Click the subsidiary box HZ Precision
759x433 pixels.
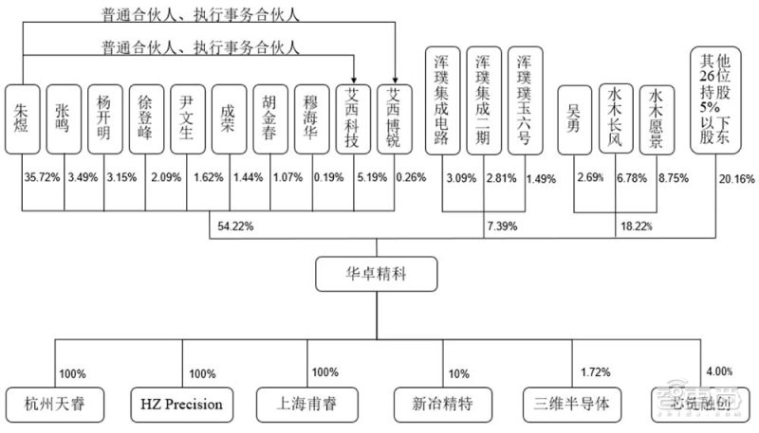click(x=181, y=404)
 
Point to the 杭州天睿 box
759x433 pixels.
click(x=56, y=404)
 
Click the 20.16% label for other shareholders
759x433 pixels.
click(x=738, y=177)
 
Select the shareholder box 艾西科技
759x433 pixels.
click(x=354, y=118)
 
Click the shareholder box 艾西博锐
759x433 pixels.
click(x=395, y=118)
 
